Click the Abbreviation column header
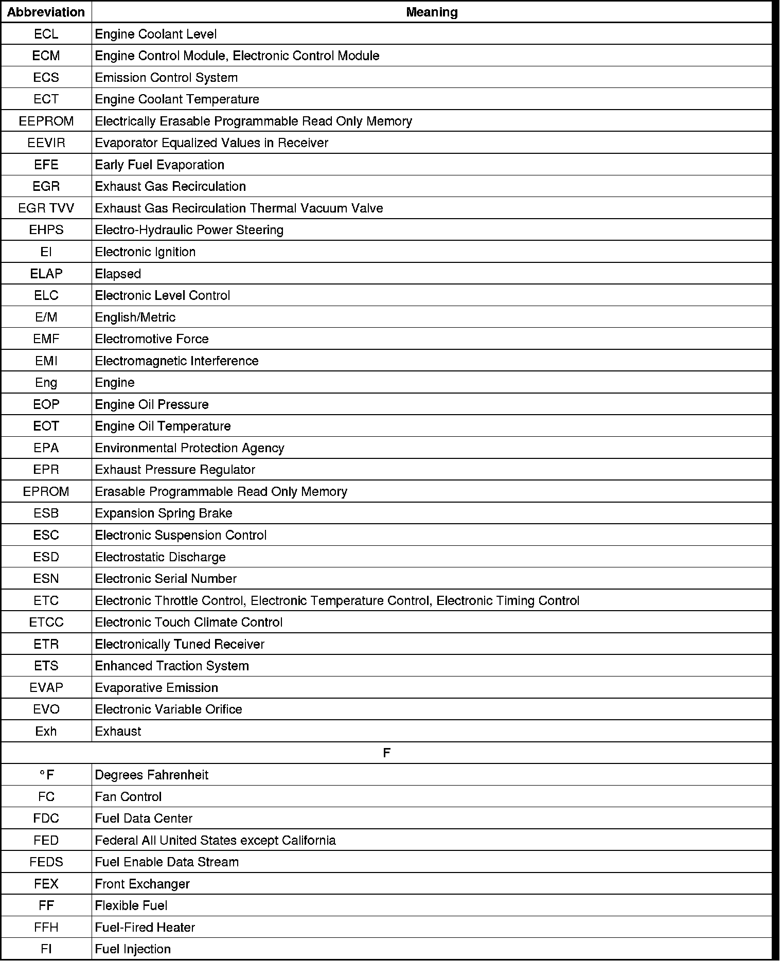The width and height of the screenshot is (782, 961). point(46,12)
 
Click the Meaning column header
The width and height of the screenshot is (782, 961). point(432,12)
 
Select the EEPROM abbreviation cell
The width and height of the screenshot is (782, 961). point(46,121)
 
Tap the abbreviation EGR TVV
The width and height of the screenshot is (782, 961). point(46,208)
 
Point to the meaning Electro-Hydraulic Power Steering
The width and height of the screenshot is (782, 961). point(189,230)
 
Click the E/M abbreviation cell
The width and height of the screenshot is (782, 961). point(46,317)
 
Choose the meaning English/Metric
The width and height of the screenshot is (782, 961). point(135,317)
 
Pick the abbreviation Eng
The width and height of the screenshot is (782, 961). point(46,382)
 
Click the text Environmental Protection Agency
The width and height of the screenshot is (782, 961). point(189,448)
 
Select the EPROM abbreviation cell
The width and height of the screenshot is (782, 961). point(46,491)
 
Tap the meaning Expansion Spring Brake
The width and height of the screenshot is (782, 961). point(163,513)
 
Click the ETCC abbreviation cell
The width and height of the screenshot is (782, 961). point(46,622)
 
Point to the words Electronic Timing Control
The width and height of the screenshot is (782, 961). point(508,600)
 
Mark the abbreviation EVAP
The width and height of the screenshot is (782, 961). point(46,687)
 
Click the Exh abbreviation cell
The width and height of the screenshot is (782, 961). point(46,731)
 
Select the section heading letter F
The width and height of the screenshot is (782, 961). point(387,753)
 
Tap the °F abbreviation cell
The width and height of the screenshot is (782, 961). point(46,775)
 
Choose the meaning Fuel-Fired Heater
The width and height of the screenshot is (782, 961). point(145,927)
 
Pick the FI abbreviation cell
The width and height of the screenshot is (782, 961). point(46,949)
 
